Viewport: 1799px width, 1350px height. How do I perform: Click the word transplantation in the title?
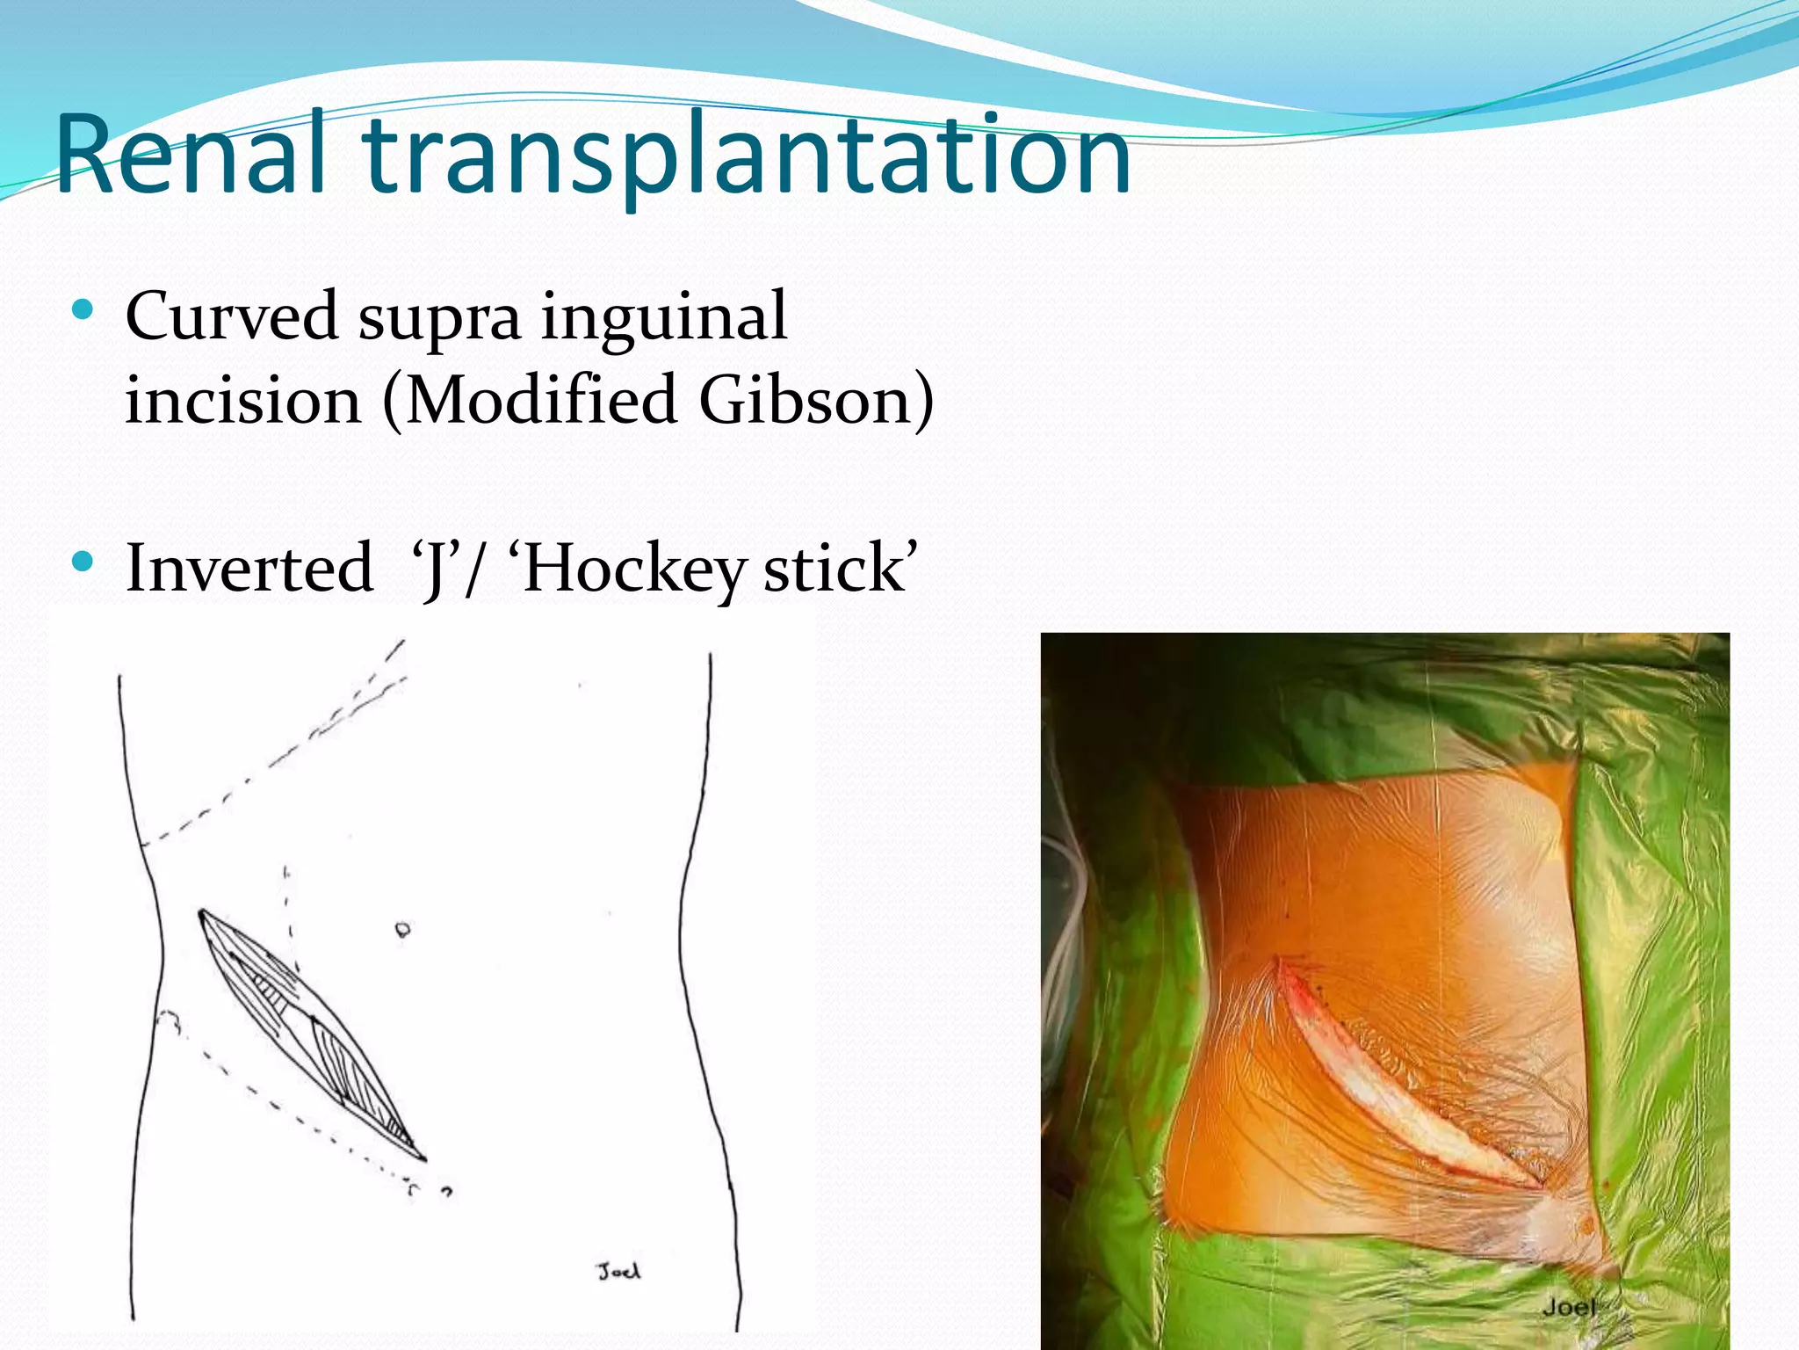747,156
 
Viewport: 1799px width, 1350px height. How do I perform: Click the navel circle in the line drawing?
402,929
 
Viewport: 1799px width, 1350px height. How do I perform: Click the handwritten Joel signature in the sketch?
619,1271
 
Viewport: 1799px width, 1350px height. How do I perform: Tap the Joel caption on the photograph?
1569,1307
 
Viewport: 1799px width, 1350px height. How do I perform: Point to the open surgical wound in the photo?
1397,1081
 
